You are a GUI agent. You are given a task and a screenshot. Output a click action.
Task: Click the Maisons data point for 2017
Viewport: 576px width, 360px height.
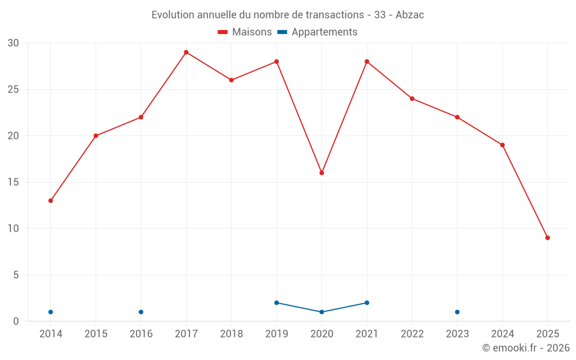[186, 52]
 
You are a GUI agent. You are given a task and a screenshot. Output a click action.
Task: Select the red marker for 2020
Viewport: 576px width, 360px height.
[321, 173]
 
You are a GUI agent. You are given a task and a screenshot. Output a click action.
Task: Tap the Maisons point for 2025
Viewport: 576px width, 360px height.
[547, 238]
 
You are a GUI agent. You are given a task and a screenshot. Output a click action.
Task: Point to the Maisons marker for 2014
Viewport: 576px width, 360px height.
[51, 201]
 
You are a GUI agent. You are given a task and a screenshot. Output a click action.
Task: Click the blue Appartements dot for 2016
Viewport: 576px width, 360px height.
[141, 312]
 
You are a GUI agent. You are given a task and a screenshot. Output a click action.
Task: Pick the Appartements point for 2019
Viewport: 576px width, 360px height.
[276, 303]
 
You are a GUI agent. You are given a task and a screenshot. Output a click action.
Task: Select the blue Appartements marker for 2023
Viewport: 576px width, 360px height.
[457, 312]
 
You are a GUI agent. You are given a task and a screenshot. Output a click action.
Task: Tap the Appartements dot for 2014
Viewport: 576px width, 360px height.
[51, 312]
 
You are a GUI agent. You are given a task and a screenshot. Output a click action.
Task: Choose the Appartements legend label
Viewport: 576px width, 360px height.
[324, 32]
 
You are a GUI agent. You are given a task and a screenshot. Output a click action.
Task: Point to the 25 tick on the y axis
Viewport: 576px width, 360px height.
[13, 90]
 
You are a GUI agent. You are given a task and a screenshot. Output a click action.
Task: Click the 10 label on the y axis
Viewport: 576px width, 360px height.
[13, 229]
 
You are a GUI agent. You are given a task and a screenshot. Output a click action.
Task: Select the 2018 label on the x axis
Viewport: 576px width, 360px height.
[232, 334]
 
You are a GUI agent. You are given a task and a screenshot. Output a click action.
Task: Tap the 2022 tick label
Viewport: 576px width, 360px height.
[412, 334]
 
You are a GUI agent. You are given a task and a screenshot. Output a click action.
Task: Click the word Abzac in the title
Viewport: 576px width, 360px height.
[410, 15]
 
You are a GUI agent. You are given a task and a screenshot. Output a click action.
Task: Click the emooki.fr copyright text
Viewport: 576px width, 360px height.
[525, 348]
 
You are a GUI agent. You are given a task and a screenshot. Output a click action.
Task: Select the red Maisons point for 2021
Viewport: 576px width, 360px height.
[367, 62]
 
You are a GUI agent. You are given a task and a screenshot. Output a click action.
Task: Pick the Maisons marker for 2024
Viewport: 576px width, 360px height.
[502, 145]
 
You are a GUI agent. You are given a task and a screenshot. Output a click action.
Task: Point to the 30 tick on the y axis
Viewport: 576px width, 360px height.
[13, 43]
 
